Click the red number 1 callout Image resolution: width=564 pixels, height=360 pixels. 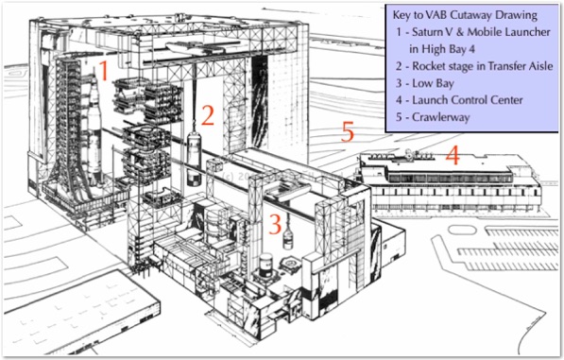point(104,71)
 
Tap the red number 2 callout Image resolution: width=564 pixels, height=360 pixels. point(208,115)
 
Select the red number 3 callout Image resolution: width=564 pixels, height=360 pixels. point(275,225)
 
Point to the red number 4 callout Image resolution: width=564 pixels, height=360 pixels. point(453,157)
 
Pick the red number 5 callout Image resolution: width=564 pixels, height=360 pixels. point(348,131)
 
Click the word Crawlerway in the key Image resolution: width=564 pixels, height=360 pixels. point(441,117)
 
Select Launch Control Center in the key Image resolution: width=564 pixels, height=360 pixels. point(468,100)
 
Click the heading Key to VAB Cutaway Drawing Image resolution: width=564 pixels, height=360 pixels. point(465,15)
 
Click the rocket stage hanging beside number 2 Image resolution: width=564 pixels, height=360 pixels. point(195,158)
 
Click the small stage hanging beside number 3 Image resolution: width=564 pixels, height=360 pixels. point(287,239)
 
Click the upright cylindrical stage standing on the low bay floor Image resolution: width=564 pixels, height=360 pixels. point(266,266)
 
